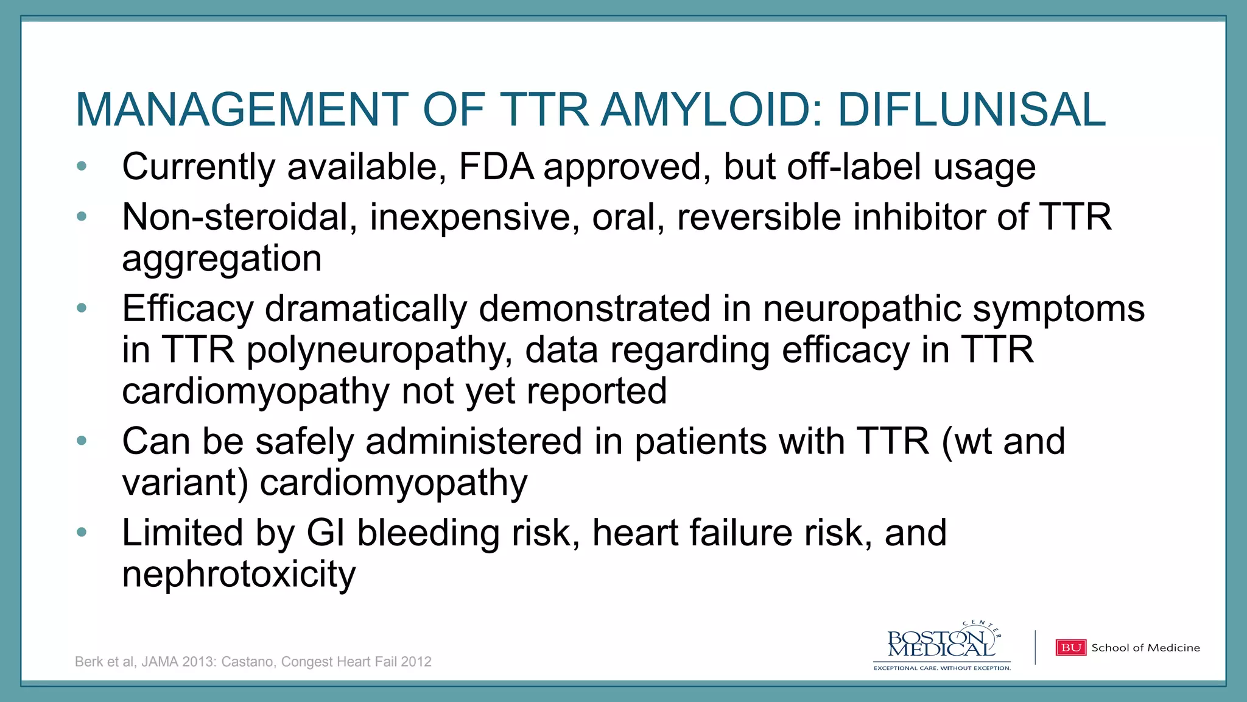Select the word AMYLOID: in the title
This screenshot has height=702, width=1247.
click(x=712, y=110)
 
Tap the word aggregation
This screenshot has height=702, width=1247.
click(x=222, y=258)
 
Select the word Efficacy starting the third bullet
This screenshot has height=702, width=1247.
click(x=188, y=308)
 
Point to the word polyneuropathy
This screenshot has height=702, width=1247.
click(x=379, y=350)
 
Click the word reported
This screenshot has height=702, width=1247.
click(x=597, y=391)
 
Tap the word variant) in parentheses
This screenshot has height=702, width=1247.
click(x=185, y=483)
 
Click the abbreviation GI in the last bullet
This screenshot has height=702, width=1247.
click(x=326, y=533)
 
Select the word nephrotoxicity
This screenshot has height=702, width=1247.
click(x=239, y=575)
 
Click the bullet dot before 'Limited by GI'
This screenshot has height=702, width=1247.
click(x=82, y=532)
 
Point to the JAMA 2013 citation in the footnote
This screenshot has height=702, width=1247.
click(x=178, y=662)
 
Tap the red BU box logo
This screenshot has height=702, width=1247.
click(x=1070, y=648)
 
